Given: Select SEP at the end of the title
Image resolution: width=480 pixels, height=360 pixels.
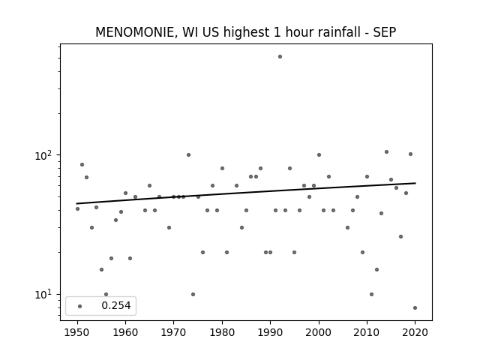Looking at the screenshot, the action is point(385,32).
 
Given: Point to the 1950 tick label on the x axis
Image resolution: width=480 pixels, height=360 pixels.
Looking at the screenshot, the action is point(77,332).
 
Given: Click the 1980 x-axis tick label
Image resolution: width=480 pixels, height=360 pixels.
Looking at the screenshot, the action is point(222,332).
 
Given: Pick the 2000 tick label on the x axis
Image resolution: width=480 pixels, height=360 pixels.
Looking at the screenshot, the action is point(319,332).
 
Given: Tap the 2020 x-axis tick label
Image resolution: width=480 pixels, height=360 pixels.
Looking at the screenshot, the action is point(415,332).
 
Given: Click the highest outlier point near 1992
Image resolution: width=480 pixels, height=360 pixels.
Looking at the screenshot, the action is point(280,57).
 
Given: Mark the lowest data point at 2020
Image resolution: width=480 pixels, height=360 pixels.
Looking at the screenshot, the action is point(415,308).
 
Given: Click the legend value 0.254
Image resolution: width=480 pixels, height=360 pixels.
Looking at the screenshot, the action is point(116,305).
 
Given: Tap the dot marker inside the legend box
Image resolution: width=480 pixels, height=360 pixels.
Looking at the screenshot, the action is point(80,306).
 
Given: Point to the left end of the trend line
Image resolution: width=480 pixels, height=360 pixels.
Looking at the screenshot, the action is point(76,203).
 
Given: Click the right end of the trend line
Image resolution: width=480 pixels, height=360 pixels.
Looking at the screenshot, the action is point(415,183).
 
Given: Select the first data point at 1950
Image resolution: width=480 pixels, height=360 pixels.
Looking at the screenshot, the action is point(77,208).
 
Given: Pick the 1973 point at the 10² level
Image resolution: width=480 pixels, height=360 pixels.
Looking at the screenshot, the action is point(188,155).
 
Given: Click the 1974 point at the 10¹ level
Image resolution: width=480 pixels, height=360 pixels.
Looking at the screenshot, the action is point(193,295).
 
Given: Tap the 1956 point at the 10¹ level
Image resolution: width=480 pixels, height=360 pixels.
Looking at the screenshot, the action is point(106,295).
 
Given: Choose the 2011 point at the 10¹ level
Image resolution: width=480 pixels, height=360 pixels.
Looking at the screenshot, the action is point(372,295).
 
